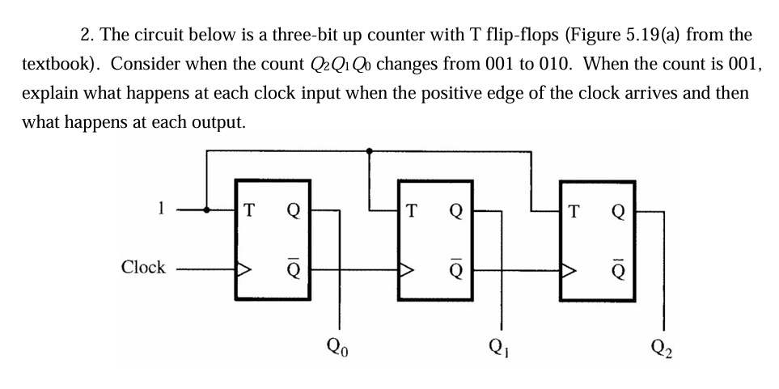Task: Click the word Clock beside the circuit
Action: coord(143,267)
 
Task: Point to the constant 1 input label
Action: coord(161,209)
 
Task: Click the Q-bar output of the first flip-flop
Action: coord(294,268)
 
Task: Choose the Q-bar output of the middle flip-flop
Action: coord(458,268)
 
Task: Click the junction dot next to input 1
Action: coord(209,209)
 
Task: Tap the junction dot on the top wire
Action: coord(370,150)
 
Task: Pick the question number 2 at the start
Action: coord(86,36)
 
